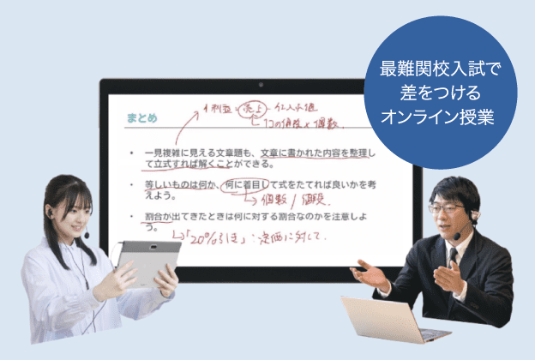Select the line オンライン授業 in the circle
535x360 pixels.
tap(438, 116)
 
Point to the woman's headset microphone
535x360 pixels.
tap(87, 234)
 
